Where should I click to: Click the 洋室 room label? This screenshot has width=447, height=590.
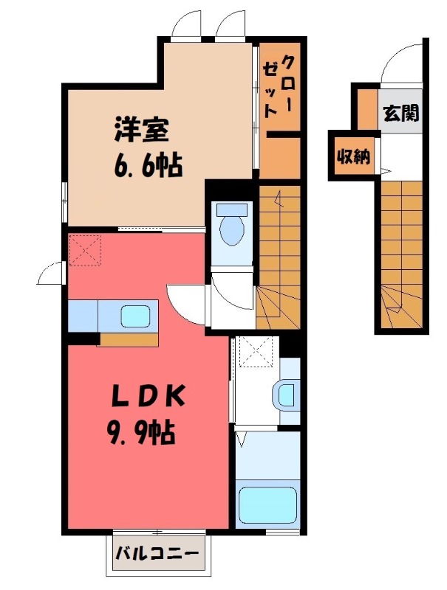coord(142,131)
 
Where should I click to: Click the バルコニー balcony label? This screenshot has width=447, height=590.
coord(157,553)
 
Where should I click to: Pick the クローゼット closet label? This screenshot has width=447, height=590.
coord(279,86)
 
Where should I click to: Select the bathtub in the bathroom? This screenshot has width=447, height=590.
coord(268,504)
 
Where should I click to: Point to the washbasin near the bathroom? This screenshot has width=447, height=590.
coord(285,394)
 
